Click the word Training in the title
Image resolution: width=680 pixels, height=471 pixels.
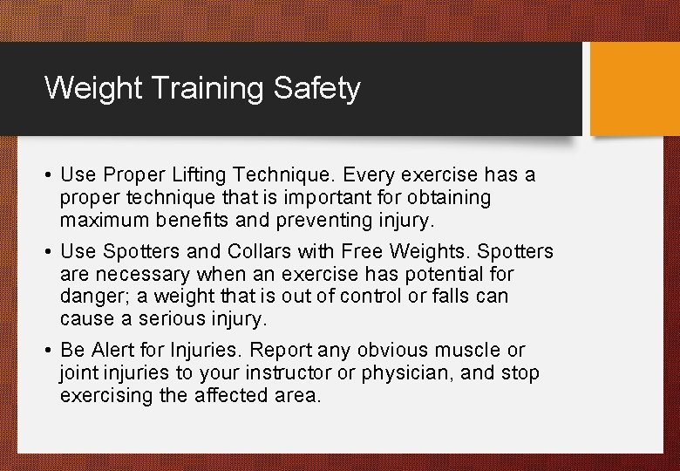204,89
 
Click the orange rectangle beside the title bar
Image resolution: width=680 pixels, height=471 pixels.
634,89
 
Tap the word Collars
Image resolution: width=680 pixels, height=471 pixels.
259,252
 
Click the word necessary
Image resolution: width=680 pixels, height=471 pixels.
139,275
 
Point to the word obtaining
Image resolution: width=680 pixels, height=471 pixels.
444,198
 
